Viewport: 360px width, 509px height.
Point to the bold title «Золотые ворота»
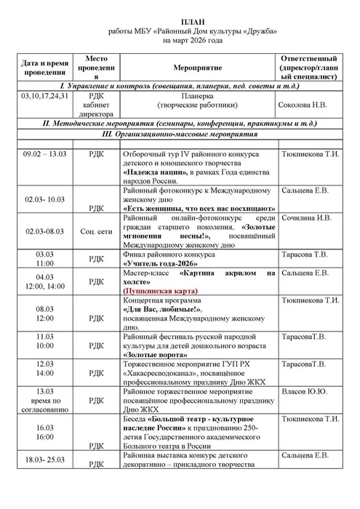click(x=155, y=356)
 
